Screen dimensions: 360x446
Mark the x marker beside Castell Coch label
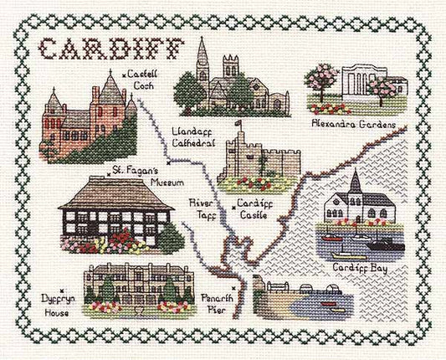[124, 77]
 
